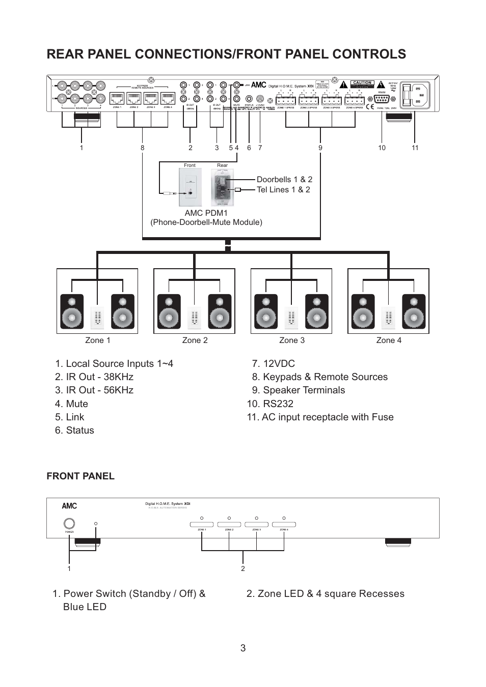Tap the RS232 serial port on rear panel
pos(382,99)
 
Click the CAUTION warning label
pos(362,82)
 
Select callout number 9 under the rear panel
pos(320,148)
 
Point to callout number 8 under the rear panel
pos(143,148)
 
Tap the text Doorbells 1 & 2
pos(284,179)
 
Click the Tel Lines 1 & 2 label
pos(283,189)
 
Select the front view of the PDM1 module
pos(190,187)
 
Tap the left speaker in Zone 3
pos(266,311)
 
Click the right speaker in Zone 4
pos(414,311)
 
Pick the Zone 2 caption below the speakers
pos(195,340)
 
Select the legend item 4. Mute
pos(71,404)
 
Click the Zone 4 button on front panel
pos(284,524)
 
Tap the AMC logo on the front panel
pos(69,506)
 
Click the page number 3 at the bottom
pos(243,648)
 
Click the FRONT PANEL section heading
pos(80,476)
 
